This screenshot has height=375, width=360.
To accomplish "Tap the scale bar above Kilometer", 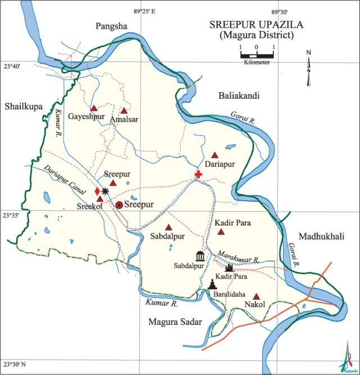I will tap(256, 55).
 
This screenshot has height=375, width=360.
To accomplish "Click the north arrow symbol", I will tap(308, 68).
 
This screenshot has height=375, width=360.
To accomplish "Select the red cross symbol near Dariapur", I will tap(198, 175).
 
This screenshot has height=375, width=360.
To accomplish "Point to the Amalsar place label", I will tap(124, 120).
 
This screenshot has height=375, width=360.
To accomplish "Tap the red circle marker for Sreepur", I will tap(119, 205).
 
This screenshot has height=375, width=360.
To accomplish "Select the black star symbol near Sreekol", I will tap(105, 192).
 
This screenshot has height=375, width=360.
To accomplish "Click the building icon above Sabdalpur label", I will tap(200, 256).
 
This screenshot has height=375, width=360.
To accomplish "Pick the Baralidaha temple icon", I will tap(212, 284).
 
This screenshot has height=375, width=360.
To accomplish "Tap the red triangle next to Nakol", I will tap(256, 296).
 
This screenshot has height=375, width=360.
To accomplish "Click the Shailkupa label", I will tap(24, 106).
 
